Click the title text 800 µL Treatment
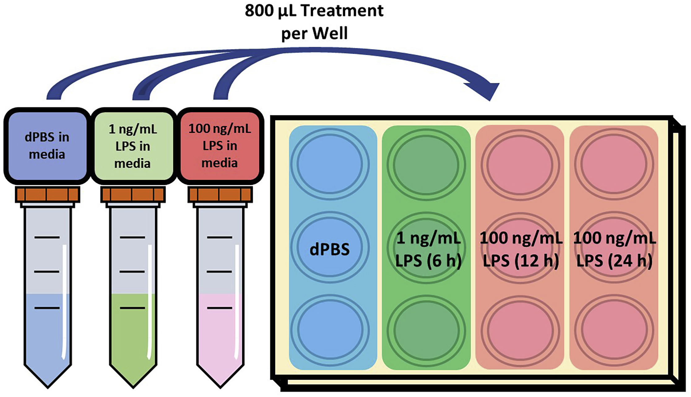pyautogui.click(x=314, y=11)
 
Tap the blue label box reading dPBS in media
pyautogui.click(x=47, y=146)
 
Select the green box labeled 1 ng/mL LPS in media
pyautogui.click(x=133, y=146)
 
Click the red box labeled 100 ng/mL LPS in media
pyautogui.click(x=220, y=146)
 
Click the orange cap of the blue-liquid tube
pyautogui.click(x=47, y=194)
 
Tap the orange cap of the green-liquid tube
pyautogui.click(x=133, y=194)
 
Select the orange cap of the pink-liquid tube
pyautogui.click(x=220, y=194)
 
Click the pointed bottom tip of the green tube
pyautogui.click(x=133, y=385)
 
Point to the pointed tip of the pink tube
pyautogui.click(x=220, y=385)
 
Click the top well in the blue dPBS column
pyautogui.click(x=330, y=164)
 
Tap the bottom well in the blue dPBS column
pyautogui.click(x=330, y=329)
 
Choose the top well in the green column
pyautogui.click(x=426, y=164)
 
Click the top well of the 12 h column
pyautogui.click(x=520, y=164)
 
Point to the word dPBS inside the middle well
pyautogui.click(x=330, y=249)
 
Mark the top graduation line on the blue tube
pyautogui.click(x=47, y=237)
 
